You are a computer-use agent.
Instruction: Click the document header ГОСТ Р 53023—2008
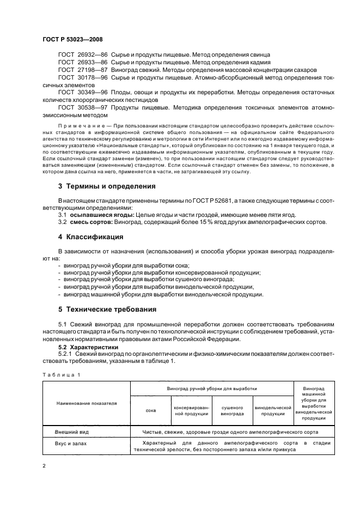[x=72, y=39]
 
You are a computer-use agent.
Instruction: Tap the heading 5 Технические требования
[x=108, y=309]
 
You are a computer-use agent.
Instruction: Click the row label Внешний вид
[x=72, y=432]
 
